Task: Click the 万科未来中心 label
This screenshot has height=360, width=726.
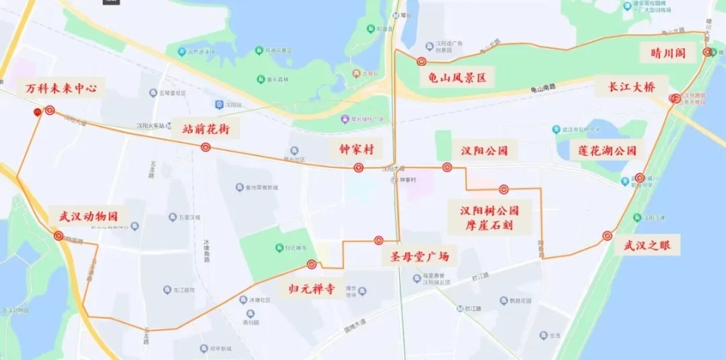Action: pos(61,88)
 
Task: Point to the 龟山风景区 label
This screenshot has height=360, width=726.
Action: pos(456,77)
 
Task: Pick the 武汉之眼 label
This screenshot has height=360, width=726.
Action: pos(647,245)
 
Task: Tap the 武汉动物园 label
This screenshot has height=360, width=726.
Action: pos(88,216)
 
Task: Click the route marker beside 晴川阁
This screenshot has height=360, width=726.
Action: pos(707,52)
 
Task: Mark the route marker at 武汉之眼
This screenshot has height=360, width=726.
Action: pos(607,236)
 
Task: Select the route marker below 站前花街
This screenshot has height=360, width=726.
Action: pos(206,147)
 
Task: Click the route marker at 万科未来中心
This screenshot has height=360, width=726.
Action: pos(50,110)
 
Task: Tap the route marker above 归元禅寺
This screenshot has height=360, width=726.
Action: pos(312,264)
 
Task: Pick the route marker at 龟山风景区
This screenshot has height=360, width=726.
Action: pos(421,61)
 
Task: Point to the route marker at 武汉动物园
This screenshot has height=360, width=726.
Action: pos(58,236)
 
